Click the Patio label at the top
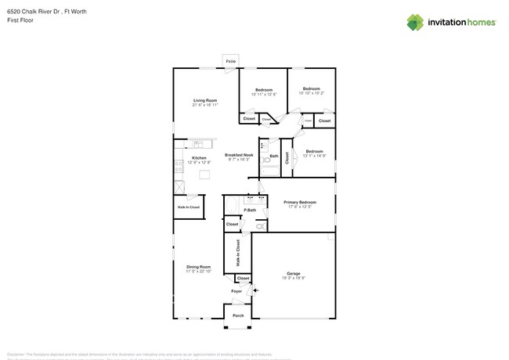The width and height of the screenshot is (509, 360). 230,61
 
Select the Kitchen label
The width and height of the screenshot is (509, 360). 199,158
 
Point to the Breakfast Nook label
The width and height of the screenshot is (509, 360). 239,155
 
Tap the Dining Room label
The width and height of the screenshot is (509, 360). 198,267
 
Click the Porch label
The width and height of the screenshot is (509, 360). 237,315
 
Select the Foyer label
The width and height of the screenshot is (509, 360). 236,291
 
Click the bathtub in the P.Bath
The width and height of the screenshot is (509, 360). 232,206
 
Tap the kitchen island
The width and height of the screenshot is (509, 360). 205,174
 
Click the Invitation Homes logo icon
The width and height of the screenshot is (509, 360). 415,22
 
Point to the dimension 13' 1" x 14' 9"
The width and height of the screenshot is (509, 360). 314,155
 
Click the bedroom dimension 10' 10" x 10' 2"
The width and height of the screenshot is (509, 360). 312,93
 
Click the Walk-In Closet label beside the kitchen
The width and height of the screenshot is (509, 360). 189,207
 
